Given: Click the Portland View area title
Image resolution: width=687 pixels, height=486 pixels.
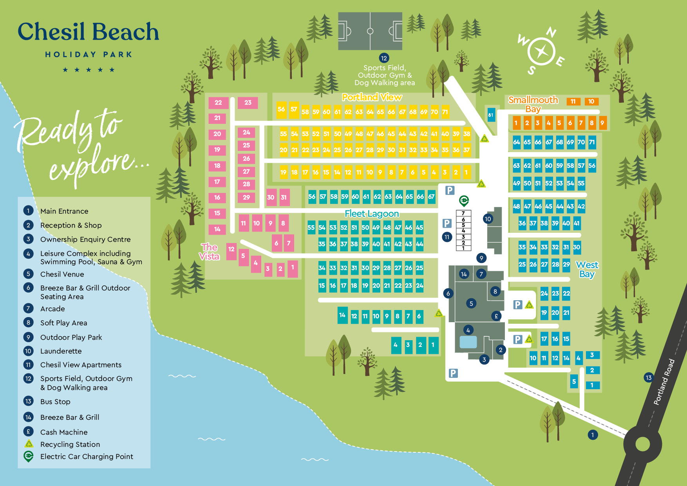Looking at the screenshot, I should (372, 97).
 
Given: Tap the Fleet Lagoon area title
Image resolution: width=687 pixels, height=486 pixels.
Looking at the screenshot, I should (372, 214).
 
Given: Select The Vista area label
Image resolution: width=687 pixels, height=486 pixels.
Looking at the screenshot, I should (209, 252).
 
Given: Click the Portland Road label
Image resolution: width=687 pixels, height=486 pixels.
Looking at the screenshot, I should (664, 382).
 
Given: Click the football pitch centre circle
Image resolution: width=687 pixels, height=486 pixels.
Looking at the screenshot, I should (370, 31).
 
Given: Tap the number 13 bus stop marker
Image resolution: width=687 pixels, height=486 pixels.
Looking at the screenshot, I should (649, 378).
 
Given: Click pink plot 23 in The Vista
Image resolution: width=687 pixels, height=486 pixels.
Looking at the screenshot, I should (248, 103).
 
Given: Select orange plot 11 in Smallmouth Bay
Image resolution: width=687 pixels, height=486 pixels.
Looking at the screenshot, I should (573, 102).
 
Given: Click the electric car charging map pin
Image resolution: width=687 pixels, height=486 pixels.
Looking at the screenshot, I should (464, 201).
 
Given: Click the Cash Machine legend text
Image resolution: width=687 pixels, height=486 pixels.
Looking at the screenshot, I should (64, 432).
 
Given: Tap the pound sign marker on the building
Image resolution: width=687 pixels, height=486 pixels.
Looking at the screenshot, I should (496, 316).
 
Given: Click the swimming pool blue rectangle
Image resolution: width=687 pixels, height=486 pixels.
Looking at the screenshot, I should (468, 342).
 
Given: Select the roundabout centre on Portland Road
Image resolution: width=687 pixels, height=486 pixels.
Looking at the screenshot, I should (642, 444).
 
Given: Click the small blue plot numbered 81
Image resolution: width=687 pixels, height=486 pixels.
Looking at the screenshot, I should (491, 115).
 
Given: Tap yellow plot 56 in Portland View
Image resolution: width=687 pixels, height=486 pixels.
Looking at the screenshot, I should (281, 109).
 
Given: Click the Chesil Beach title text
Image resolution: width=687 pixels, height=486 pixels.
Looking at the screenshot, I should (89, 32).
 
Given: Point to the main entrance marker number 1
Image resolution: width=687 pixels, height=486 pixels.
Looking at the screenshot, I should (593, 435).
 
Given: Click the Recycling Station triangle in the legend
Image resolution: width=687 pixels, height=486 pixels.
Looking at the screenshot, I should (29, 444).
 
